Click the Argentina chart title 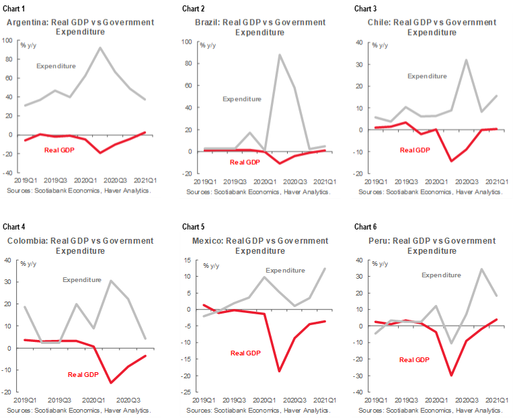[80, 27]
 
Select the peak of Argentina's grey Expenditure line [100, 48]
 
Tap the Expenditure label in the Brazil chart [242, 99]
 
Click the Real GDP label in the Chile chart [415, 150]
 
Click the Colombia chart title [80, 246]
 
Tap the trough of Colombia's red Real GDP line [111, 383]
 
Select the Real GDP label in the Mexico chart [245, 353]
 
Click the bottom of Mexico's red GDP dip [278, 371]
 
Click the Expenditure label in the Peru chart [441, 275]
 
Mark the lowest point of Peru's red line [450, 376]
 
